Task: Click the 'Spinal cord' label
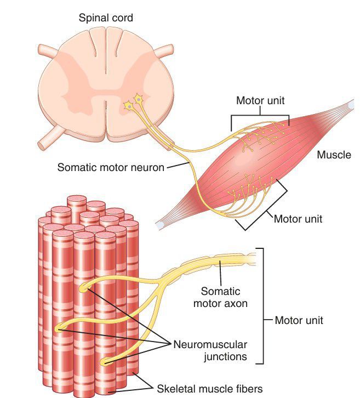(106, 19)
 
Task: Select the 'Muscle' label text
(334, 155)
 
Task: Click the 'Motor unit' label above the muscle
(260, 101)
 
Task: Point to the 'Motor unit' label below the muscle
(298, 219)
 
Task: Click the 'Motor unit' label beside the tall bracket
(299, 320)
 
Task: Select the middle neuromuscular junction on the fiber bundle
(60, 328)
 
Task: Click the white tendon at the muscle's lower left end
(160, 225)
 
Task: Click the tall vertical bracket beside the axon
(263, 305)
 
